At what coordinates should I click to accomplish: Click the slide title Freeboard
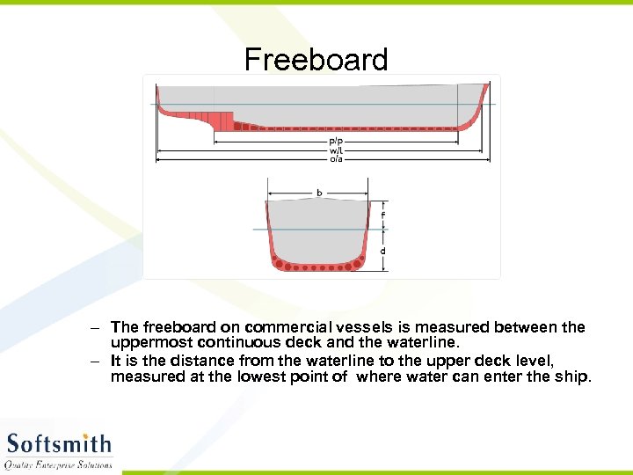point(316,60)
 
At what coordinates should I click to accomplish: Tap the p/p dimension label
point(336,142)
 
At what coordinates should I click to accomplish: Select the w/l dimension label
point(336,150)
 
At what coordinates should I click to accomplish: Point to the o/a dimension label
point(336,158)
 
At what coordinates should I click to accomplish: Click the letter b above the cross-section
point(318,192)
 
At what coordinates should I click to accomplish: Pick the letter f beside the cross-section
point(382,215)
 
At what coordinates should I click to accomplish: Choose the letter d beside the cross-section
point(382,251)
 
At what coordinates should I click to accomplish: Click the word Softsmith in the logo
point(59,442)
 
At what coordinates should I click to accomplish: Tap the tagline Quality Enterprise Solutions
point(59,464)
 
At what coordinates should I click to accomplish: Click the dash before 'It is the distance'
point(95,361)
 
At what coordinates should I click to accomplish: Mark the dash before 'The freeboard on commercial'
point(95,327)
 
